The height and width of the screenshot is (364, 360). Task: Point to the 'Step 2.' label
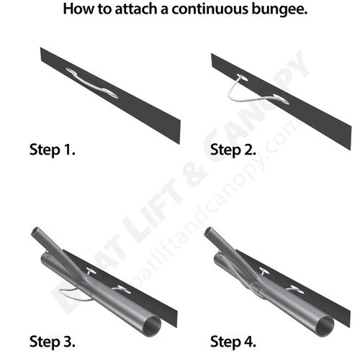[234, 151]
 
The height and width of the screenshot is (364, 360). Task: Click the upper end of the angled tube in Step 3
[35, 235]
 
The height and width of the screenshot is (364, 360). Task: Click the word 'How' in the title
[76, 11]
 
